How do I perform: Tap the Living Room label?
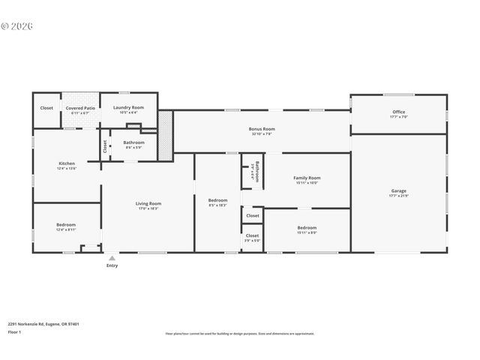[148, 203]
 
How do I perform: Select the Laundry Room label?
[128, 108]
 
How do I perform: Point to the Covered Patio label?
[80, 108]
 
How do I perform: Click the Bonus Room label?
[262, 129]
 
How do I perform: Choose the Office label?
[398, 112]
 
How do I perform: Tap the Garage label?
[398, 190]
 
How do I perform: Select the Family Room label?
[307, 178]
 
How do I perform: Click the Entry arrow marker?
[112, 257]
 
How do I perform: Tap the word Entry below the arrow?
[112, 265]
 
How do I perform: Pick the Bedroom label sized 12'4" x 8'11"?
[66, 225]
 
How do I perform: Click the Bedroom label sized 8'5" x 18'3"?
[217, 200]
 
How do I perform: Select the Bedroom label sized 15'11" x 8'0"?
[307, 227]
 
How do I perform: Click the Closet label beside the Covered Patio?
[46, 108]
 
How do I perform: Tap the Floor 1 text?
[14, 331]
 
